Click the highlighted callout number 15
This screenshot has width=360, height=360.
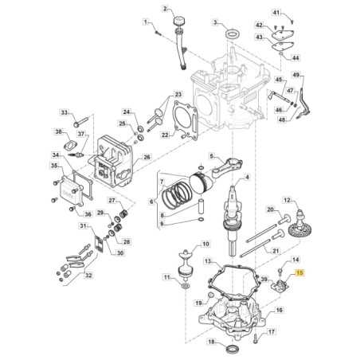[x=299, y=273]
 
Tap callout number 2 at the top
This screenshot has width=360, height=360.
[x=166, y=9]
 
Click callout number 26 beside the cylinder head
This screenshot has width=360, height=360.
[x=146, y=157]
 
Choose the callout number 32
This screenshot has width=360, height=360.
[x=88, y=276]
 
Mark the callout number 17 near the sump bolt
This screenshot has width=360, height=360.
[x=271, y=332]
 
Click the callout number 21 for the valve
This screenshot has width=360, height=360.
[x=276, y=252]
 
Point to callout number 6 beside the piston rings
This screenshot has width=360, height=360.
[x=152, y=202]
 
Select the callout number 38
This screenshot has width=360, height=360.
[x=58, y=131]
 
